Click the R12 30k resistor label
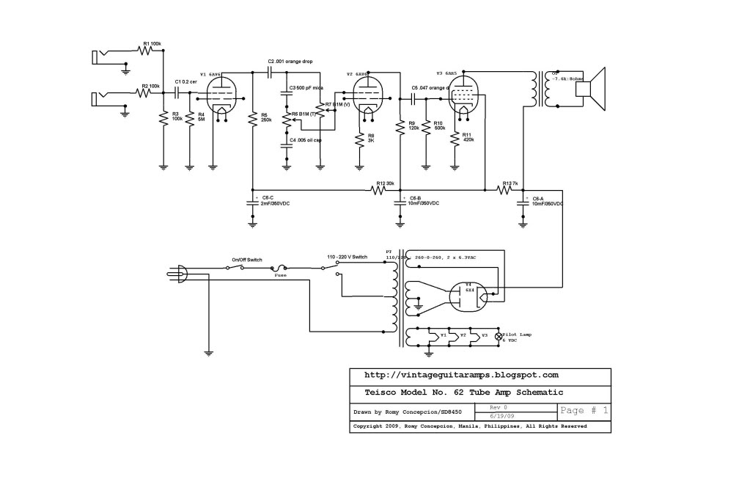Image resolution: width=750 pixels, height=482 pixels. [x=385, y=183]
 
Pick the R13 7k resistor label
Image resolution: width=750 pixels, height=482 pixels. [x=511, y=183]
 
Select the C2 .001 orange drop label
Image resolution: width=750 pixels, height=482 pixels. [x=290, y=61]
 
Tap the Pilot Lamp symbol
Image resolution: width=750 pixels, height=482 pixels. [x=500, y=336]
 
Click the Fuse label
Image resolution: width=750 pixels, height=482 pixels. [x=279, y=275]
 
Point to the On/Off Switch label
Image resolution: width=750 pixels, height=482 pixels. [x=246, y=260]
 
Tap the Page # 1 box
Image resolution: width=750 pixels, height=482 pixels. [x=583, y=411]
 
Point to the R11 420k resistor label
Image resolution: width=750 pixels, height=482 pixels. [x=466, y=138]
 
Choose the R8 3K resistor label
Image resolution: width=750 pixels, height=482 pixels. [x=371, y=138]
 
